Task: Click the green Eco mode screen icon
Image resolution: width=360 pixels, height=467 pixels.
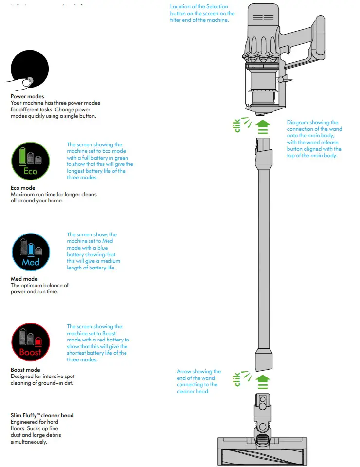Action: pyautogui.click(x=30, y=161)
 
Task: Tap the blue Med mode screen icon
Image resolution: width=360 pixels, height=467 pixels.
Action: pyautogui.click(x=30, y=252)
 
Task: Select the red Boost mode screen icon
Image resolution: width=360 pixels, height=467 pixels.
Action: pyautogui.click(x=30, y=342)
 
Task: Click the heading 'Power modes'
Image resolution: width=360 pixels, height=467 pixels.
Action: pyautogui.click(x=27, y=96)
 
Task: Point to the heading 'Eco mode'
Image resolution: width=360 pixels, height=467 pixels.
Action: pyautogui.click(x=23, y=188)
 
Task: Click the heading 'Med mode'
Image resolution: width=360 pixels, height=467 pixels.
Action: pyautogui.click(x=24, y=279)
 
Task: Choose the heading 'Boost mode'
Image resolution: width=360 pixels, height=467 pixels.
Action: pyautogui.click(x=25, y=370)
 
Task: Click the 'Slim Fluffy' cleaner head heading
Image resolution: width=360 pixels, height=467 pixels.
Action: pyautogui.click(x=42, y=415)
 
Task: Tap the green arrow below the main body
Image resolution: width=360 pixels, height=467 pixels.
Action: pyautogui.click(x=263, y=126)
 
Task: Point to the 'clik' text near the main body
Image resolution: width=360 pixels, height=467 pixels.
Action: pyautogui.click(x=237, y=126)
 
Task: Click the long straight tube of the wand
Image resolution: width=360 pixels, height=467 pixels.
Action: pyautogui.click(x=263, y=253)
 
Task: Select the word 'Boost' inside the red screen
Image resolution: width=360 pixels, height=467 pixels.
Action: pyautogui.click(x=30, y=352)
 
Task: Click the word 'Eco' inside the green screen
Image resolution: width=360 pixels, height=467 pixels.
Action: pyautogui.click(x=30, y=171)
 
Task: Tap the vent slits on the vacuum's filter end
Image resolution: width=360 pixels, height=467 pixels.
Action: pyautogui.click(x=263, y=18)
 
